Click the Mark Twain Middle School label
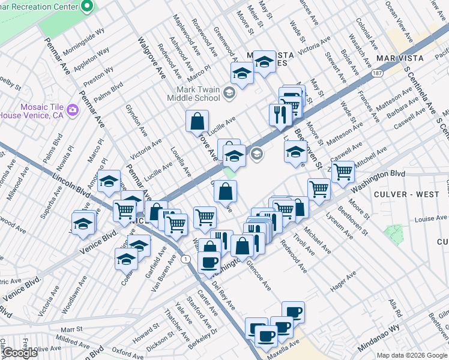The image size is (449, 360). pyautogui.click(x=193, y=94)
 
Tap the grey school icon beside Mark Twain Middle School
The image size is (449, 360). pyautogui.click(x=228, y=92)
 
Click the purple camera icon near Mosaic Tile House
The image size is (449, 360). pyautogui.click(x=73, y=109)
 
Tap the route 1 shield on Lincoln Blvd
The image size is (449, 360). pyautogui.click(x=187, y=258)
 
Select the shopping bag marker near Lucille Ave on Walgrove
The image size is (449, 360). pyautogui.click(x=197, y=122)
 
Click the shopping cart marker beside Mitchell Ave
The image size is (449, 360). pyautogui.click(x=343, y=172)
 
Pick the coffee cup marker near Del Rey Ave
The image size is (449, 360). pyautogui.click(x=209, y=262)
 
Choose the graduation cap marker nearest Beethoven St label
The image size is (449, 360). pyautogui.click(x=295, y=152)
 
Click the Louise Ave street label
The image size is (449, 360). pyautogui.click(x=428, y=219)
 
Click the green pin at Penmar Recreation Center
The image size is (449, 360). pyautogui.click(x=87, y=7)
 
